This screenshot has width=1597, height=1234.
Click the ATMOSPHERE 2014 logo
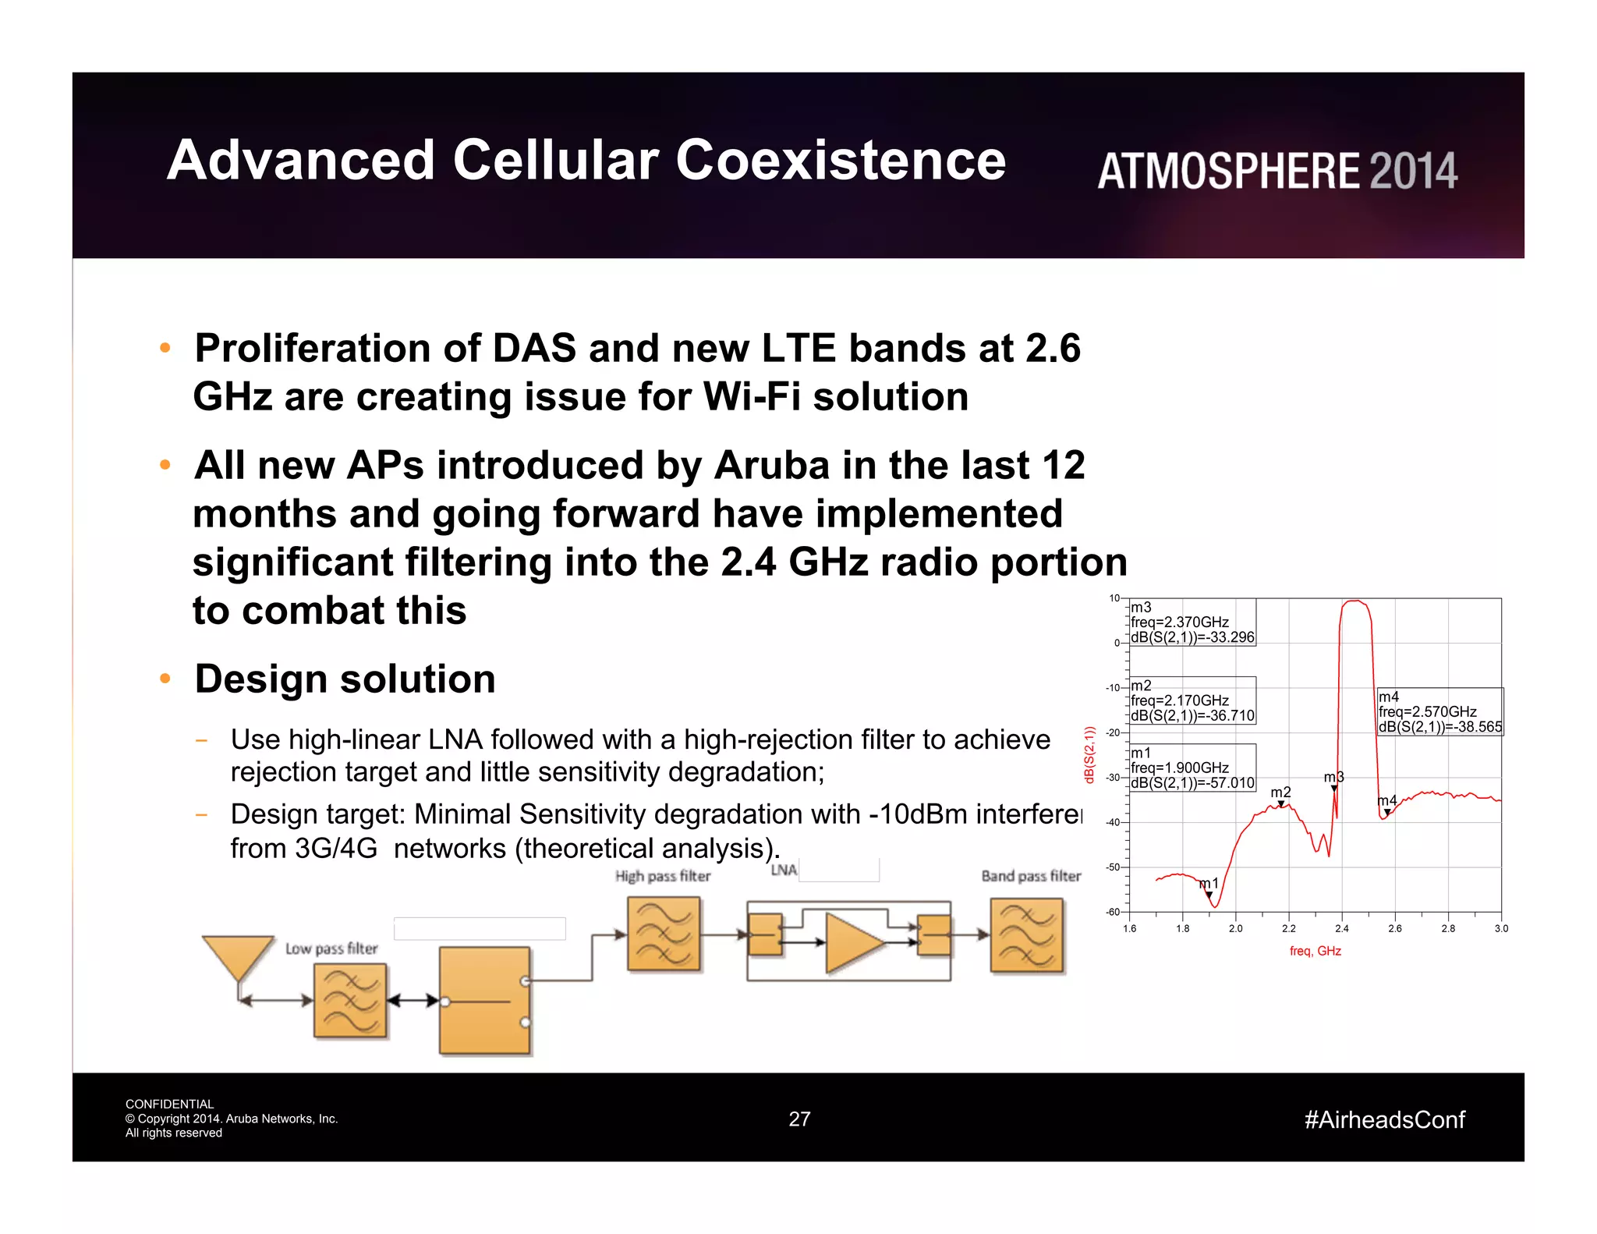tap(1277, 171)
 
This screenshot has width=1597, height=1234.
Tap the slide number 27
tap(799, 1119)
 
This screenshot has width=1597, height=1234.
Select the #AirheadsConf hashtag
tap(1384, 1119)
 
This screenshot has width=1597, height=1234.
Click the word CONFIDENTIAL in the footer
tap(169, 1104)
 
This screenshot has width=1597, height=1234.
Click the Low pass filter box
tap(350, 1000)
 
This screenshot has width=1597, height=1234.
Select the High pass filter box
tap(664, 934)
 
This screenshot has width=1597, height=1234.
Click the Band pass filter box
tap(1026, 935)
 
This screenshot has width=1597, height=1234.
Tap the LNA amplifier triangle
tap(852, 942)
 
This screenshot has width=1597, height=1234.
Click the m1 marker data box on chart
tap(1192, 768)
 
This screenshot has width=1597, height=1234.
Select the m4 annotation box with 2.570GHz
tap(1439, 711)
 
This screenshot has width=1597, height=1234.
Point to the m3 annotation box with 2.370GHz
tap(1192, 622)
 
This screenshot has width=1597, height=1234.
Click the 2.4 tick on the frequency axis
tap(1341, 928)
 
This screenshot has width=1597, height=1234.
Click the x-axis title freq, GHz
tap(1315, 951)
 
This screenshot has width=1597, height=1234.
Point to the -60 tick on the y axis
tap(1113, 912)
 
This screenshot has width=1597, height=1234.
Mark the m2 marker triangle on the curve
tap(1280, 804)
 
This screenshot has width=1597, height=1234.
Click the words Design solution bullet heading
tap(345, 679)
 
